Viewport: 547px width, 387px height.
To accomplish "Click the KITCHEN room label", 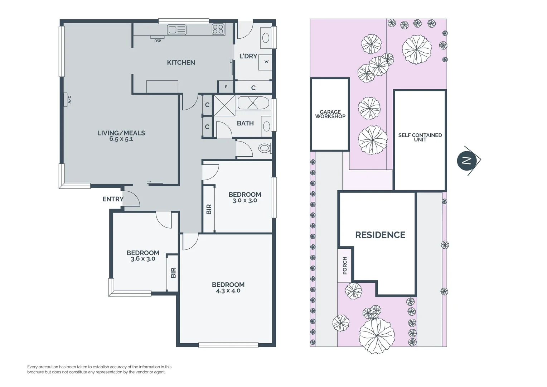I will coord(181,63).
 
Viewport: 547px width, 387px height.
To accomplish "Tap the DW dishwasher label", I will coord(158,41).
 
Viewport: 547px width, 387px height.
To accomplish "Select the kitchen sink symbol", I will coord(177,30).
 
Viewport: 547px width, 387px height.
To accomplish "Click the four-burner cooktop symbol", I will coord(218,29).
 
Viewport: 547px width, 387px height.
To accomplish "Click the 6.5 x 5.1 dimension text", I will coord(121,139).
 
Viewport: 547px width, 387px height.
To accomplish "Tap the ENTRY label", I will coord(113,199).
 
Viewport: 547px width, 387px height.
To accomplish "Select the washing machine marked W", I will coord(266,62).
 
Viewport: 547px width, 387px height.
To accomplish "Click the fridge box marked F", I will coord(226,87).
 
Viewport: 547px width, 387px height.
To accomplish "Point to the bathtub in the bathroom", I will coord(253,103).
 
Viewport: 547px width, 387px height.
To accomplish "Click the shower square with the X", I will coord(224,105).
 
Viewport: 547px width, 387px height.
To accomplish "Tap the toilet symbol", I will coord(265,148).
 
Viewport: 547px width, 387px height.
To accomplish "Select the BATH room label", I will coord(245,123).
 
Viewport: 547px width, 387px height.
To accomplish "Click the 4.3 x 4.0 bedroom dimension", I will coord(228,291).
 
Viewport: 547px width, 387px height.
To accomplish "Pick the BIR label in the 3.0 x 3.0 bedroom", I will coord(209,209).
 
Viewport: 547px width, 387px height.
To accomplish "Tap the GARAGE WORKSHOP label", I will coord(330,114).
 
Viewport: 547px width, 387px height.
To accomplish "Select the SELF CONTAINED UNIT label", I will coord(420,137).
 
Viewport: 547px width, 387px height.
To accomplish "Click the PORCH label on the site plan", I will coord(345,266).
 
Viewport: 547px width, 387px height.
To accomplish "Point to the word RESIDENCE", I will coord(380,235).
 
